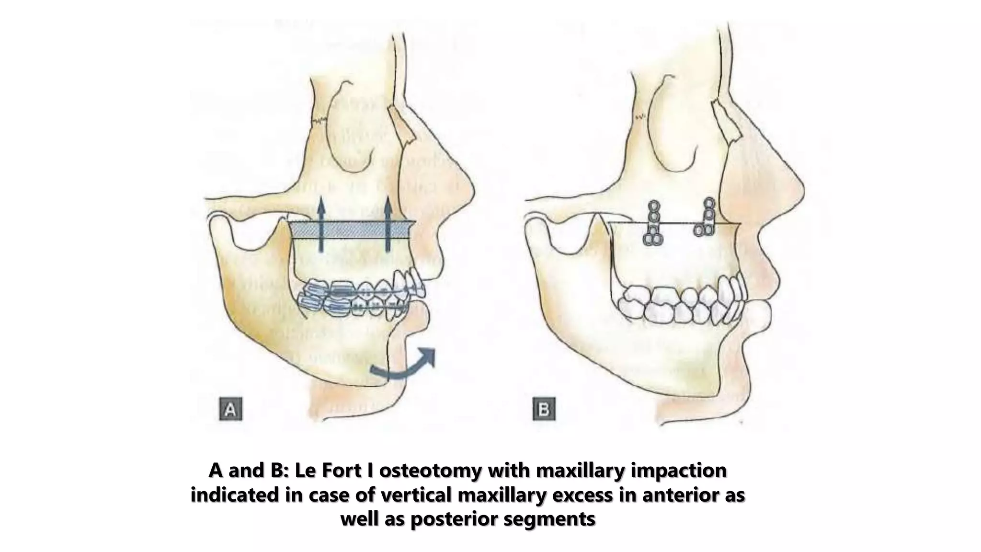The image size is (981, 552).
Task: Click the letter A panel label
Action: click(230, 409)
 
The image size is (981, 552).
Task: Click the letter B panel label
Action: click(544, 409)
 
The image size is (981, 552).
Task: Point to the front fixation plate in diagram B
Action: click(706, 218)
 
